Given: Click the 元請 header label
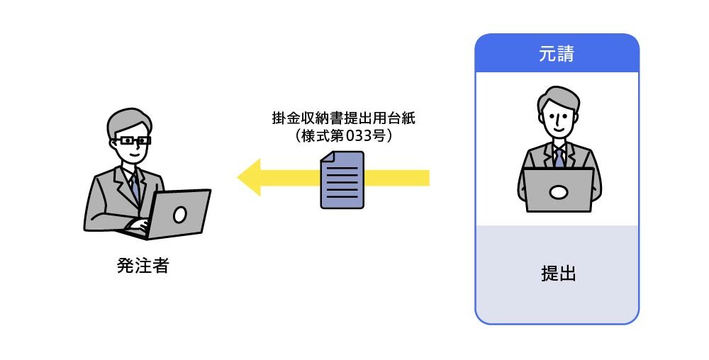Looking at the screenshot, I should coord(557,54).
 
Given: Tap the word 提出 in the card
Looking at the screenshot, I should coord(557,274).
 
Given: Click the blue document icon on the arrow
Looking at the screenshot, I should coord(342,180).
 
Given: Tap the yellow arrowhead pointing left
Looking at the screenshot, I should coord(250,177).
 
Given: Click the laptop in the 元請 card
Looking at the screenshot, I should coord(558,190).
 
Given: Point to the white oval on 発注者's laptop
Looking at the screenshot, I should coord(180,213).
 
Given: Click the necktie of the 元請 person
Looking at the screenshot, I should coord(559,157).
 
